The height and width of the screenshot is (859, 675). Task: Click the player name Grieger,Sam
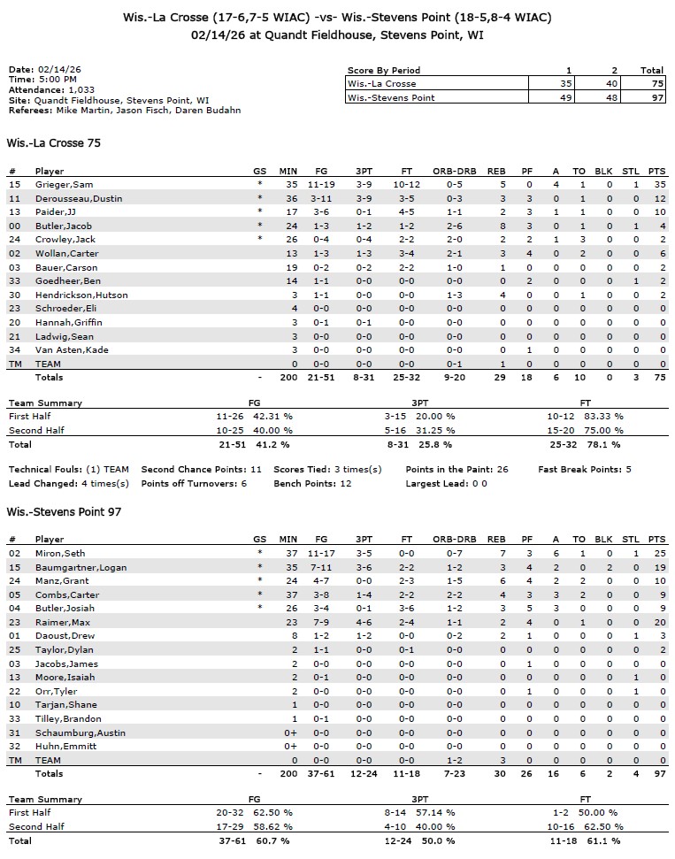[58, 184]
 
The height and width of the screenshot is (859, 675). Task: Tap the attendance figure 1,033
[81, 90]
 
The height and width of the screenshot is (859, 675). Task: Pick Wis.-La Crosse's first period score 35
[566, 83]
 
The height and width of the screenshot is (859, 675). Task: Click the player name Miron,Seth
[56, 553]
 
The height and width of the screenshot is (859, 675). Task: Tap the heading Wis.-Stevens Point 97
[65, 512]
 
